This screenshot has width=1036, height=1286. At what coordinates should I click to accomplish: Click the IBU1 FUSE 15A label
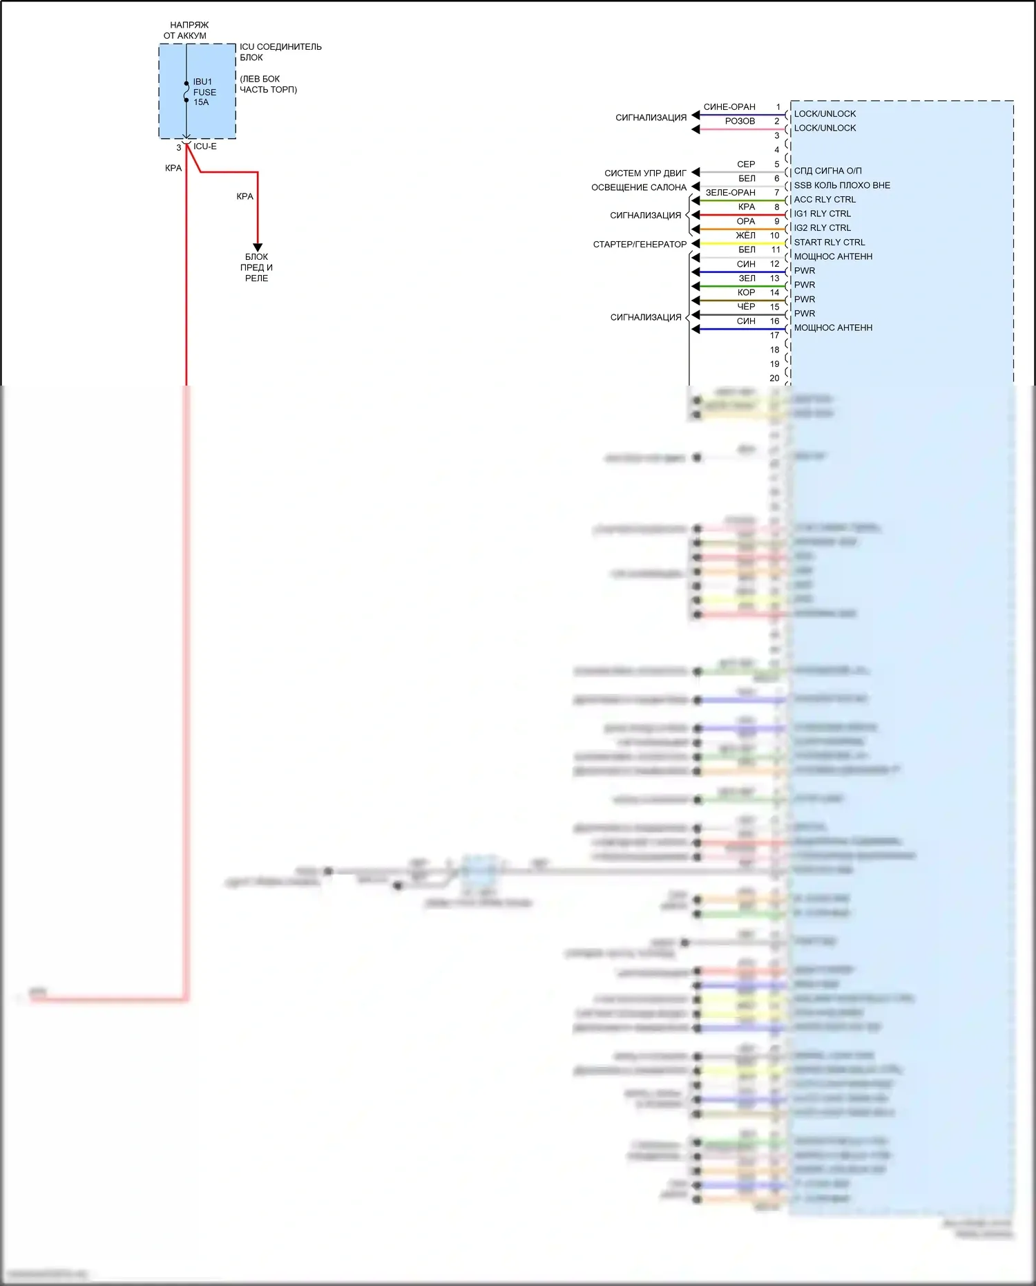(204, 92)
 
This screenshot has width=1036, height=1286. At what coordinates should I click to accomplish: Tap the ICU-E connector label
(204, 146)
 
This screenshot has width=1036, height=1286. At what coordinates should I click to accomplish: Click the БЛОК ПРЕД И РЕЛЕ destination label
(256, 267)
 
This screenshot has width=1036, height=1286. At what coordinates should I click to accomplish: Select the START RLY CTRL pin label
(829, 243)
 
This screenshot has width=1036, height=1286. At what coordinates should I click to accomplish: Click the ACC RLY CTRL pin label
(824, 200)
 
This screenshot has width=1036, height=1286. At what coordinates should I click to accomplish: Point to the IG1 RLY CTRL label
(822, 214)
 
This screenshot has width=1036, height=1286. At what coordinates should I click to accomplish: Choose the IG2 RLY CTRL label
(822, 228)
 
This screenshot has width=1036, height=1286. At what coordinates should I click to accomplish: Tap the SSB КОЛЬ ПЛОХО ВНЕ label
(841, 185)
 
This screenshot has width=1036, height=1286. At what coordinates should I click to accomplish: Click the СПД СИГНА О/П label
(827, 171)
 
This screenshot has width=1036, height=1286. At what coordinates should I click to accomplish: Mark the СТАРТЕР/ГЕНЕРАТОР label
(640, 245)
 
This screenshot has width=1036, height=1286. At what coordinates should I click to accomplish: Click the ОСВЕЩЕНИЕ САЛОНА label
(639, 188)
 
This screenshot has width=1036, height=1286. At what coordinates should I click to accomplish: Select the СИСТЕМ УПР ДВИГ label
(645, 173)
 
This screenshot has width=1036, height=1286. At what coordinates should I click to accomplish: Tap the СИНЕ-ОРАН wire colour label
(729, 107)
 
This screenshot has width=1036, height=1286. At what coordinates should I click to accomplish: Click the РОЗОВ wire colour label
(740, 122)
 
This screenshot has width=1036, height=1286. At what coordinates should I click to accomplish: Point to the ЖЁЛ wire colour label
(745, 236)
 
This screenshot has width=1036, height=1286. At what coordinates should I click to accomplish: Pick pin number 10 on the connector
(774, 236)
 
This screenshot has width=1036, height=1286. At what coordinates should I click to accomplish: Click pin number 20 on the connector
(774, 378)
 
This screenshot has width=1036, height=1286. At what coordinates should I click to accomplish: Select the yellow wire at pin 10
(739, 244)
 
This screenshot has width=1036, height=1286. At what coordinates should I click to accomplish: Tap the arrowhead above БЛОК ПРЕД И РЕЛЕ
(258, 247)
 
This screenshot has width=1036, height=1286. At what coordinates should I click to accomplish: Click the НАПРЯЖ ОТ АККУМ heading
(186, 30)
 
